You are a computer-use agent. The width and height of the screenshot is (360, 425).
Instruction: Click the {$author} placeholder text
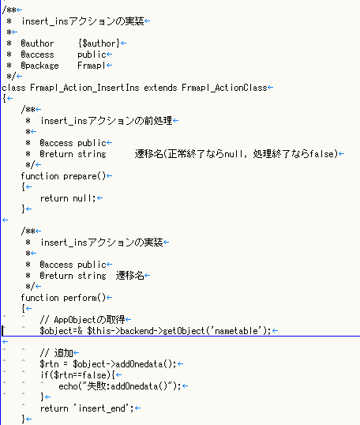tap(99, 43)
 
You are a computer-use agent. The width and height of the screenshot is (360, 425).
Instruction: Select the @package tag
tap(39, 66)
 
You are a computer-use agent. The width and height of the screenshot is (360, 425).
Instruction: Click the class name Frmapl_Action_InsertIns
tap(84, 88)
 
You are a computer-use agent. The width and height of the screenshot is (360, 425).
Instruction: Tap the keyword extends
tap(160, 88)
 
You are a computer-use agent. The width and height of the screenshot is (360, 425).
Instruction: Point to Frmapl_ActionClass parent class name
tap(224, 88)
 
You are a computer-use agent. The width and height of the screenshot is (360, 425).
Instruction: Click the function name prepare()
tap(84, 176)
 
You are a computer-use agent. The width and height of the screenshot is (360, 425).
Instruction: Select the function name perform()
tap(84, 298)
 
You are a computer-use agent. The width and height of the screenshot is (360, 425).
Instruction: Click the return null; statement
tap(68, 198)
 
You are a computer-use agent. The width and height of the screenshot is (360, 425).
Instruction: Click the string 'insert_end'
tap(102, 408)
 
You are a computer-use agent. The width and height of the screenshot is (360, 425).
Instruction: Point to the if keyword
tap(44, 375)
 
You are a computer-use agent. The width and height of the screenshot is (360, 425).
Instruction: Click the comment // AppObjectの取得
tap(82, 320)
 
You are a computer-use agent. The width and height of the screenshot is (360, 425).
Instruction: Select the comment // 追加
tap(56, 353)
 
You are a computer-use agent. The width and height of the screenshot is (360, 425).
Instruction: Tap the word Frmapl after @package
tap(92, 66)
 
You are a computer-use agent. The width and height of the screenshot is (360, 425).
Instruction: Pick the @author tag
tap(37, 43)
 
